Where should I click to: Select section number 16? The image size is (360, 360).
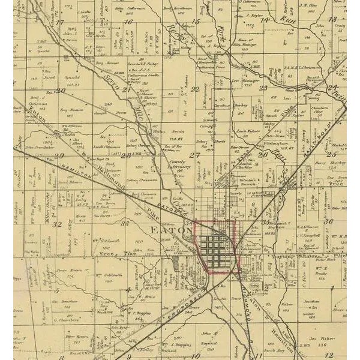pyautogui.click(x=128, y=22)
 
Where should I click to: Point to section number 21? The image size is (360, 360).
pyautogui.click(x=127, y=90)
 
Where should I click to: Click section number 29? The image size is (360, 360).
pyautogui.click(x=59, y=156)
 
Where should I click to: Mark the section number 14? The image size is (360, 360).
pyautogui.click(x=264, y=19)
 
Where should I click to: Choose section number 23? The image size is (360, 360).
pyautogui.click(x=263, y=88)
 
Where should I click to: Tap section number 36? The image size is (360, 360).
pyautogui.click(x=329, y=221)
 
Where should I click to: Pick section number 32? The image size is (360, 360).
pyautogui.click(x=58, y=224)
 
